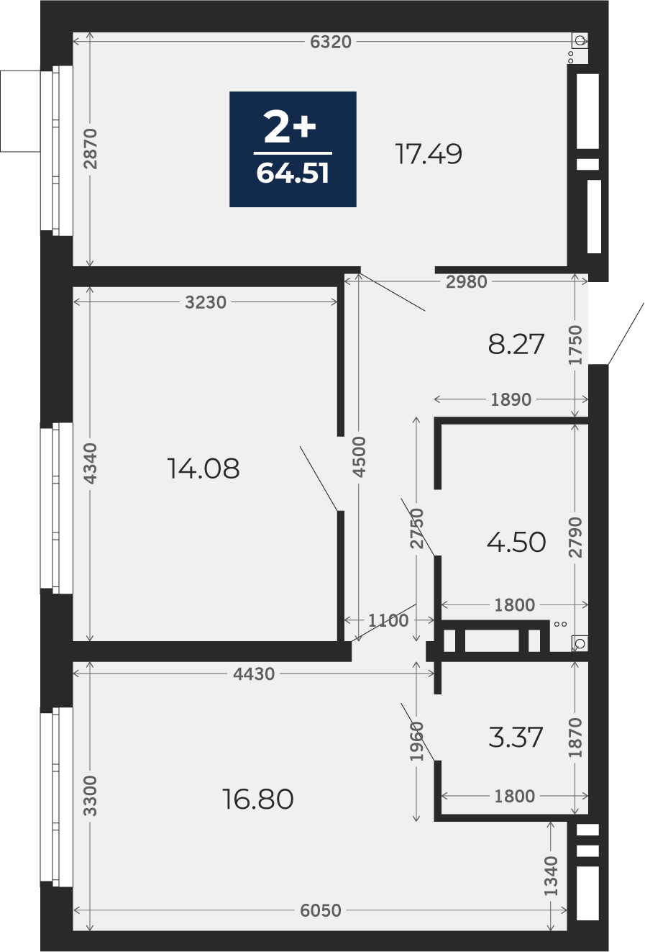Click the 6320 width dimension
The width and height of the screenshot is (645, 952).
coord(331,42)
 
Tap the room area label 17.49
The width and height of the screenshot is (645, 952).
coord(429,154)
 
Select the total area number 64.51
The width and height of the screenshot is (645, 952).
coord(293,173)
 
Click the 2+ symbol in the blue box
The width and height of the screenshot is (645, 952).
coord(290,126)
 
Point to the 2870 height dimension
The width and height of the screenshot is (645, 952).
coord(91,149)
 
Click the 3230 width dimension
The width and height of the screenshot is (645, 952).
coord(206,302)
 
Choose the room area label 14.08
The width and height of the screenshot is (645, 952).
coord(203,468)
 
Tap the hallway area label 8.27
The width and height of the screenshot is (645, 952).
coord(516,344)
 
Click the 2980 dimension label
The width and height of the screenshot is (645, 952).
coord(466,282)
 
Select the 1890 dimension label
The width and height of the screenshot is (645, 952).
coord(511,399)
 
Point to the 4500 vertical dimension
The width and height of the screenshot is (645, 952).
coord(360,456)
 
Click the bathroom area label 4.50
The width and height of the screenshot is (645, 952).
coord(516,543)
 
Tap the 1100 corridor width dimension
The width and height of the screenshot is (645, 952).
coord(388,620)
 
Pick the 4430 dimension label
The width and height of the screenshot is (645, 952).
coord(254,674)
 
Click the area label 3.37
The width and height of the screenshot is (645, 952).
coord(516,738)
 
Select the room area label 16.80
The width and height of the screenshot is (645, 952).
coord(257,799)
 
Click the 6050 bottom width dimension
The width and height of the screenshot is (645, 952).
coord(321,910)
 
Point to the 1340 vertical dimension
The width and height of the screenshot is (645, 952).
coord(551,876)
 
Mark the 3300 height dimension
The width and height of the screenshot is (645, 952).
coord(91,796)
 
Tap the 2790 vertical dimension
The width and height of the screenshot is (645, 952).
coord(575,538)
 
